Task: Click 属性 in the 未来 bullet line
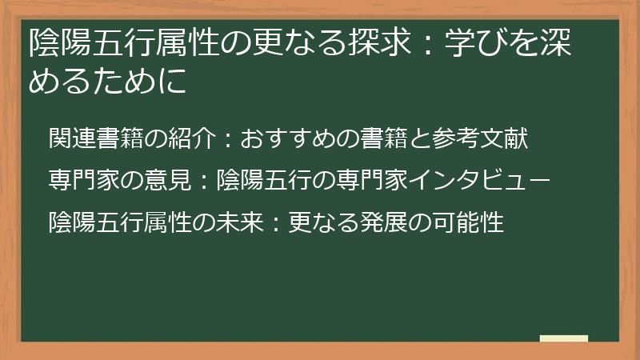[x=166, y=222]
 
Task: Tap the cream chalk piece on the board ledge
[x=563, y=339]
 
